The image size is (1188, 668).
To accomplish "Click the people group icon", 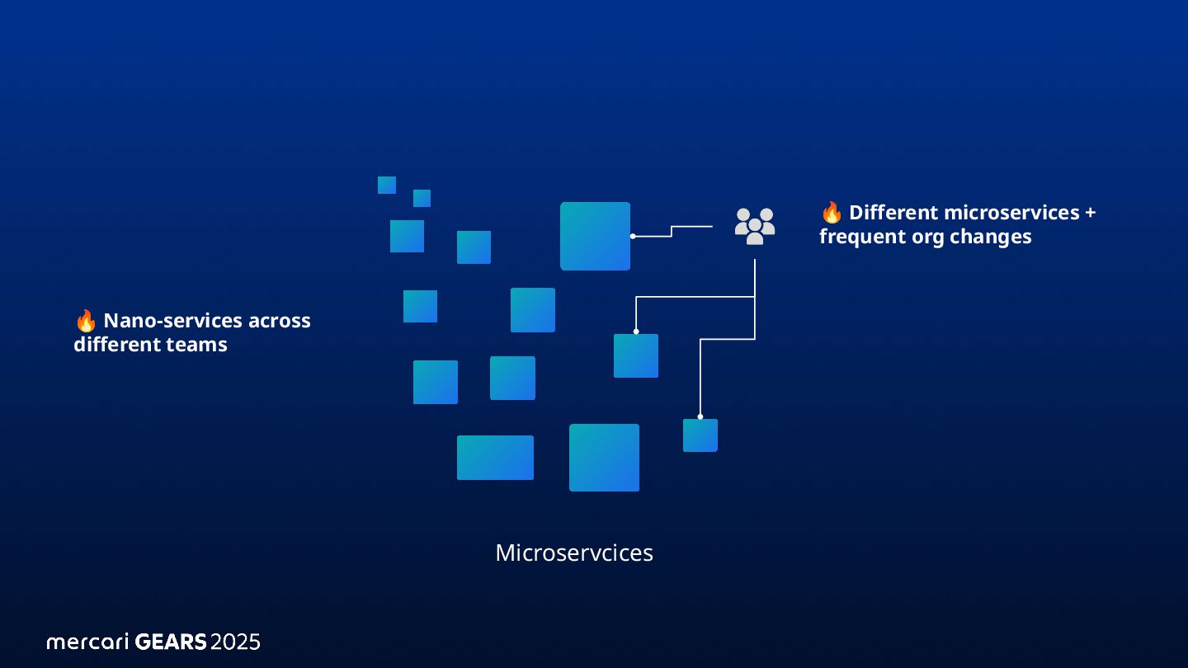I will (755, 225).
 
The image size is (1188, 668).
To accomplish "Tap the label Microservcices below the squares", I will (574, 553).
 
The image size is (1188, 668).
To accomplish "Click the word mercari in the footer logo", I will (87, 642).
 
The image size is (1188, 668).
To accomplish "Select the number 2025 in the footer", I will (235, 642).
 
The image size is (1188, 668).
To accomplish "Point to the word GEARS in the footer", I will (171, 642).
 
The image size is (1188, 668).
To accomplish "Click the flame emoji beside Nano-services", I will (85, 321).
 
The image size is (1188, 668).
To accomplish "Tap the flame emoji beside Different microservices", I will (832, 213).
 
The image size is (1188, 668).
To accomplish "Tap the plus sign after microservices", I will (1090, 213).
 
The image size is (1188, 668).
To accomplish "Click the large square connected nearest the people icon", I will (595, 236).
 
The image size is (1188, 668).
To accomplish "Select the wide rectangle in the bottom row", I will (495, 458).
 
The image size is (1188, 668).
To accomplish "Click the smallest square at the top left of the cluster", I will (387, 185).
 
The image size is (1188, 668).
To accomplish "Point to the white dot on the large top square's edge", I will (633, 237).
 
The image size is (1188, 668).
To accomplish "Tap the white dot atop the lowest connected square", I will (700, 416).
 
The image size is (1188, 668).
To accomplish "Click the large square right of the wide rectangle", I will (604, 458).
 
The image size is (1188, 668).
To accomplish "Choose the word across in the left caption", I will (280, 321).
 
